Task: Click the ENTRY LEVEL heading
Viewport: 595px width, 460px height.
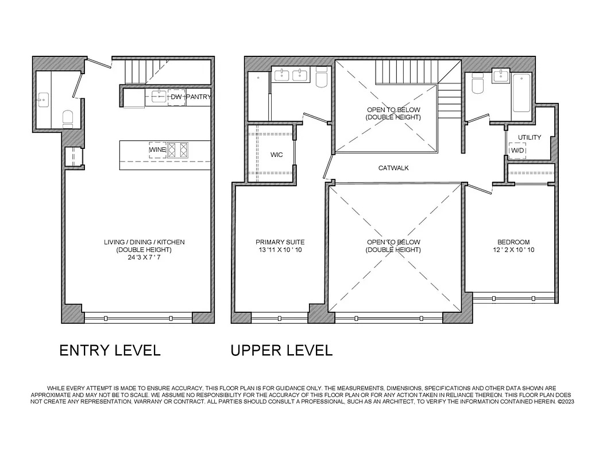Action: [110, 350]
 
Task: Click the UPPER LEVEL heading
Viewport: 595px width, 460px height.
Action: [281, 350]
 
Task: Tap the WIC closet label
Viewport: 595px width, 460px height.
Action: [277, 155]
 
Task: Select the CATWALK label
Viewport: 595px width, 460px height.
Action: [393, 168]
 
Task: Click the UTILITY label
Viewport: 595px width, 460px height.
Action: [529, 137]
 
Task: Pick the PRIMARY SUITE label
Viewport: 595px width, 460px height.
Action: [280, 242]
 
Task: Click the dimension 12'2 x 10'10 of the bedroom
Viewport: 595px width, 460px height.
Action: [513, 250]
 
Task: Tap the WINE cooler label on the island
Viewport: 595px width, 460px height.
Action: [158, 150]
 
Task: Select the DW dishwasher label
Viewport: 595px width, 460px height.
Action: [176, 97]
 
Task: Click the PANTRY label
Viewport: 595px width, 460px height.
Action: [199, 97]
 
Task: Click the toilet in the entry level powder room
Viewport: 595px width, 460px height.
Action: [68, 117]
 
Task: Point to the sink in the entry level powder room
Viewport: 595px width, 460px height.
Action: [42, 100]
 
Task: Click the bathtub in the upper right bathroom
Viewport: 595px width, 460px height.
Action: [522, 93]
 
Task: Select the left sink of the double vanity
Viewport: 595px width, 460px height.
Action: [283, 75]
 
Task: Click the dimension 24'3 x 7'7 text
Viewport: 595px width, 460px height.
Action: [144, 258]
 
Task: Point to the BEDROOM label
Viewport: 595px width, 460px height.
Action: [513, 242]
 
